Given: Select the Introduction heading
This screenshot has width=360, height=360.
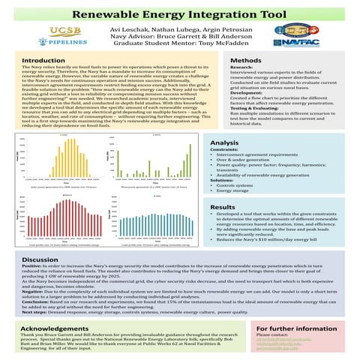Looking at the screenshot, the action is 43,60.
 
